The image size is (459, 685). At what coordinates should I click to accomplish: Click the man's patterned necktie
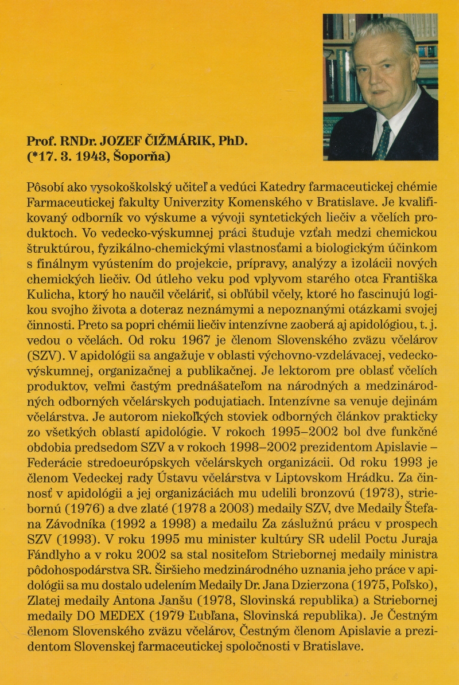(x=382, y=141)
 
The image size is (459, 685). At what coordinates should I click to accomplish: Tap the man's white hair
(x=383, y=36)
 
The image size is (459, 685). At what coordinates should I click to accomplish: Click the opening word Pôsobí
(x=45, y=187)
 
